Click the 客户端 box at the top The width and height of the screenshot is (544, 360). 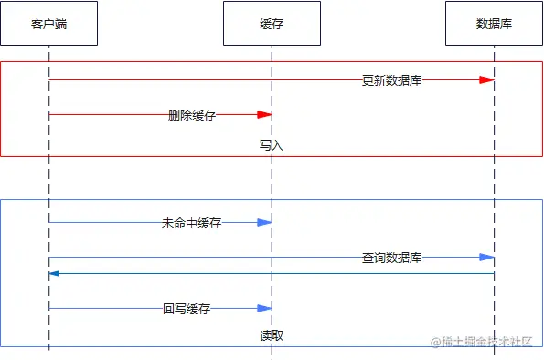tap(48, 24)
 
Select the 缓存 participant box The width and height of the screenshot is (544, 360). tap(272, 24)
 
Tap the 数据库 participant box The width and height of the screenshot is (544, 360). tap(494, 24)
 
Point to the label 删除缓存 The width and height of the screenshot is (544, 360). tap(191, 115)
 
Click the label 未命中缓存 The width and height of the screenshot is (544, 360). tap(191, 223)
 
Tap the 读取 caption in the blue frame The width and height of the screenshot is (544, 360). tap(272, 335)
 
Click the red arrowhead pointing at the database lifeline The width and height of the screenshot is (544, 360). tap(486, 80)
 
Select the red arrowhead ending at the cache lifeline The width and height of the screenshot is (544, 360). tap(265, 115)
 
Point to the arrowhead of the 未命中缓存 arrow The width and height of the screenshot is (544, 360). tap(265, 223)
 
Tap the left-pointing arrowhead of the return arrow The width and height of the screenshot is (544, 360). tap(55, 273)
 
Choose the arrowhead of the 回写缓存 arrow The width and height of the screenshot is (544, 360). tap(265, 309)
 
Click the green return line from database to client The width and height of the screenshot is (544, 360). tap(274, 273)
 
